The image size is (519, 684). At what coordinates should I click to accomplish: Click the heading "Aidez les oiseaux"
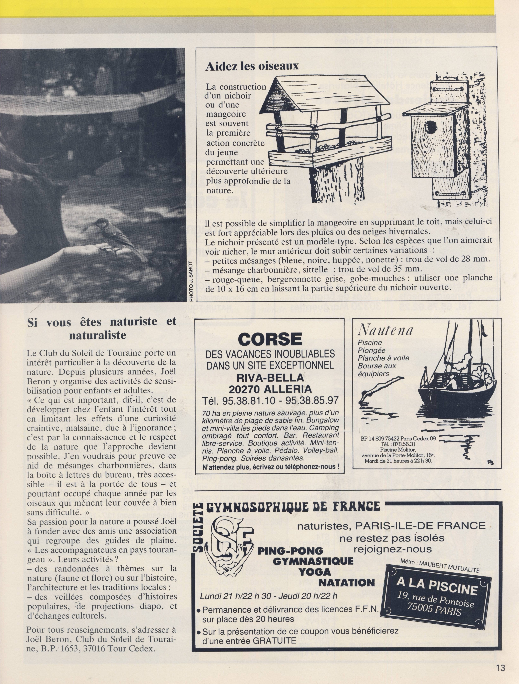(x=252, y=67)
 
